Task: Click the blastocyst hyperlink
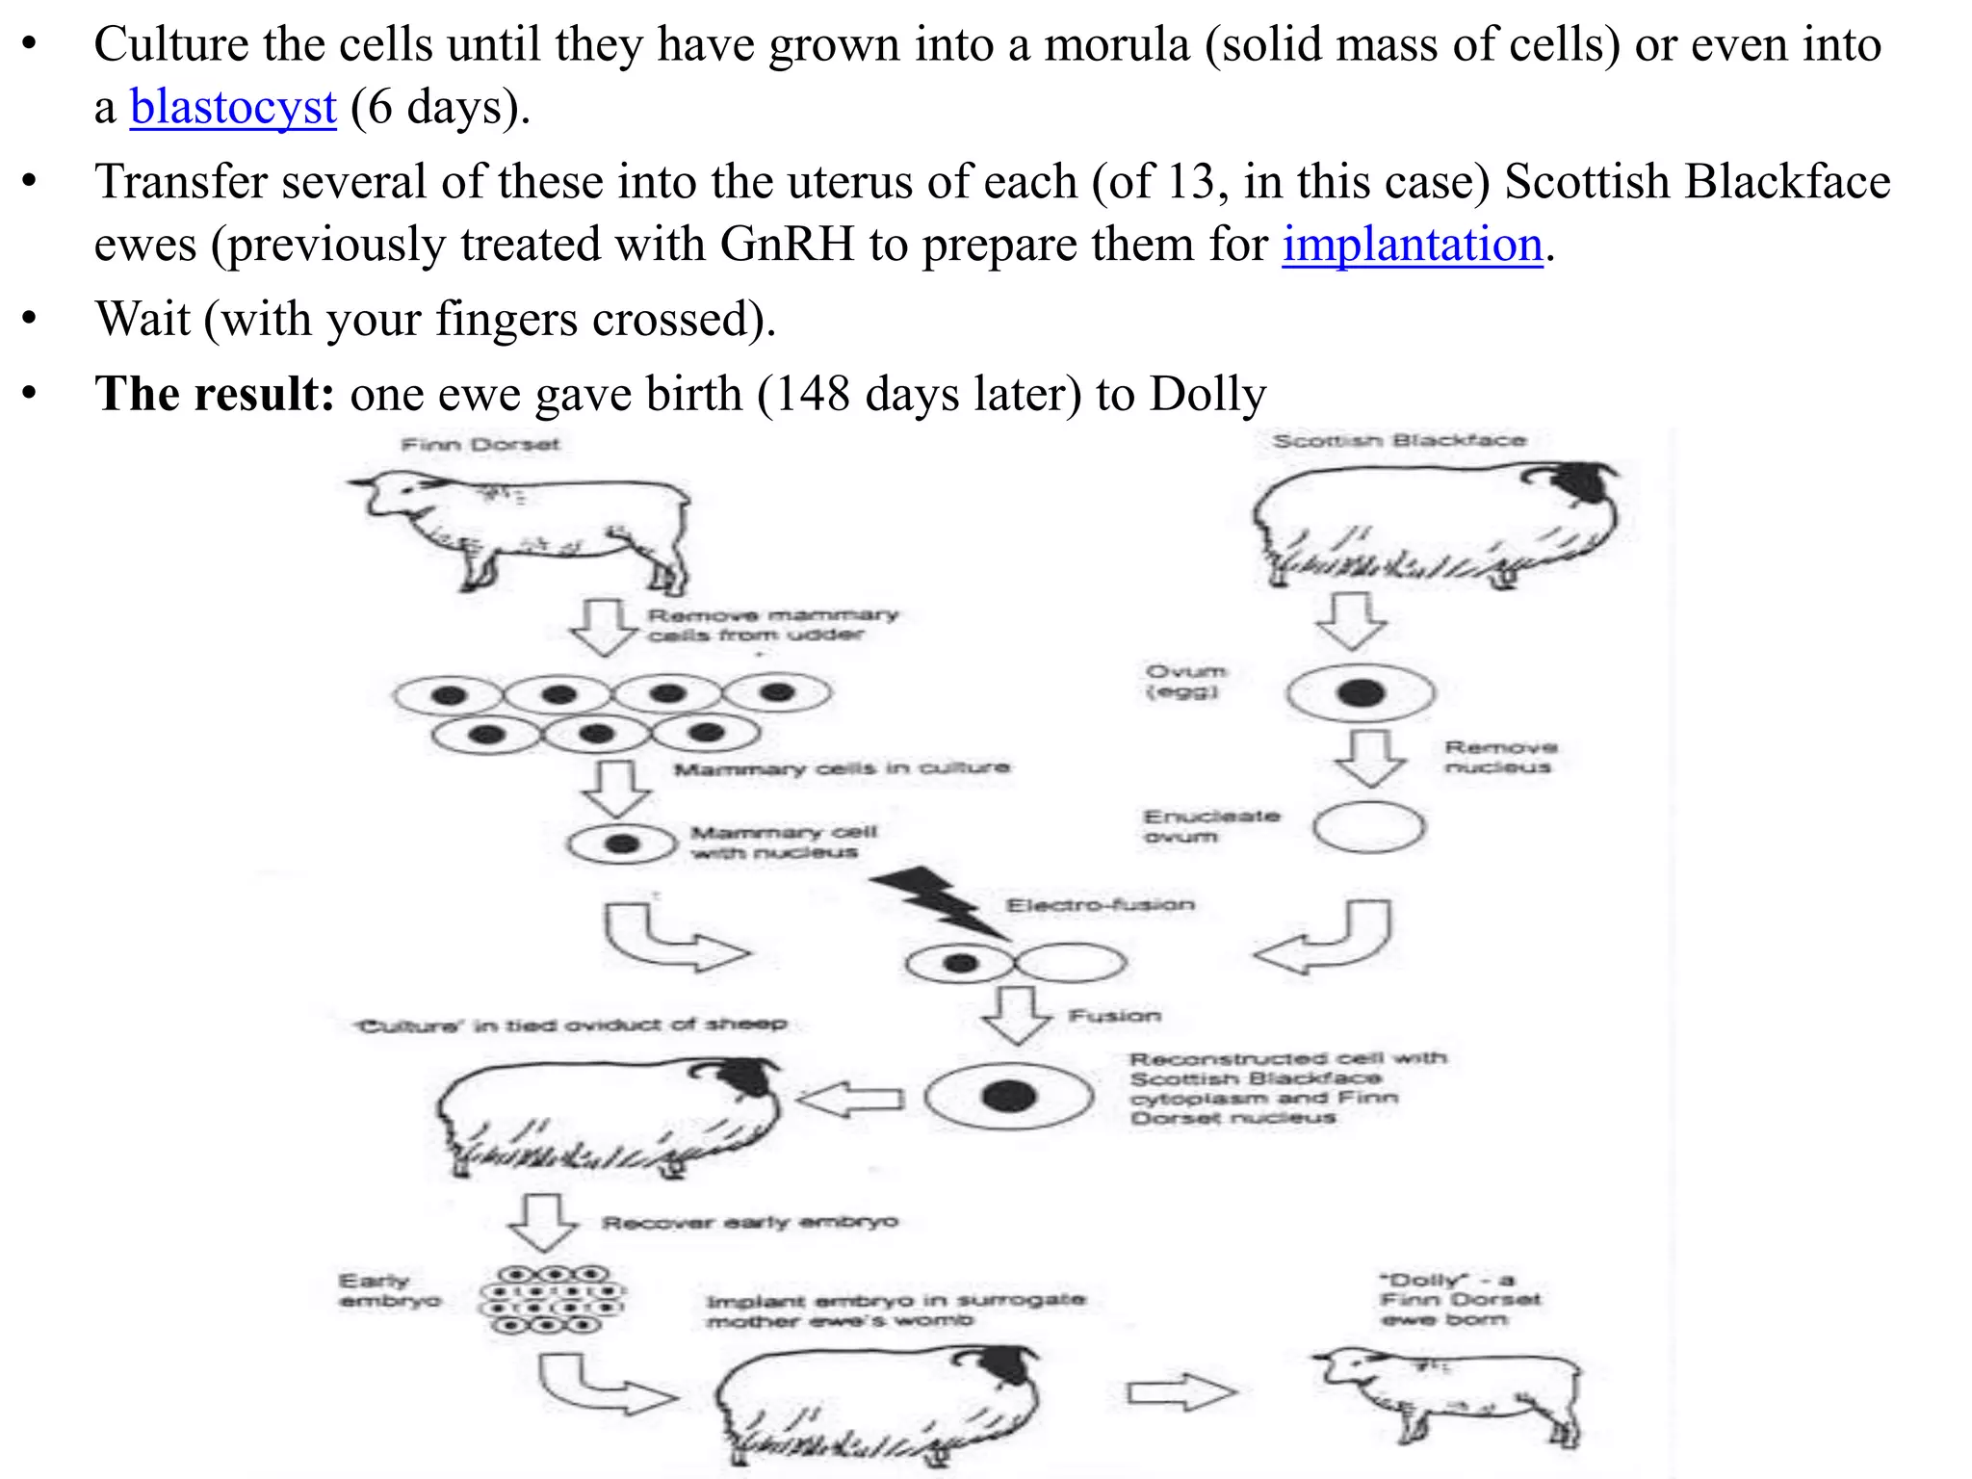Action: (233, 107)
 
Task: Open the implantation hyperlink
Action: (1412, 245)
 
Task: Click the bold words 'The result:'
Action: (214, 394)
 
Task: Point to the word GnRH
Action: (787, 245)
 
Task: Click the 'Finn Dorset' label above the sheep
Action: (480, 445)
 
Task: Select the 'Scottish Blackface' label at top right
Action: (1398, 441)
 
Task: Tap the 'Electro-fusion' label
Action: (1100, 905)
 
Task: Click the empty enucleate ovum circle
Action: (1368, 828)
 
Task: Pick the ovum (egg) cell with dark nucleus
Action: (1360, 692)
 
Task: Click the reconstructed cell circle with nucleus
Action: (1008, 1096)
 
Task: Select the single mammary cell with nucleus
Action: (621, 844)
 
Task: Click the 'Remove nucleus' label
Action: (1500, 757)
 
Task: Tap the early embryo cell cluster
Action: (552, 1300)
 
